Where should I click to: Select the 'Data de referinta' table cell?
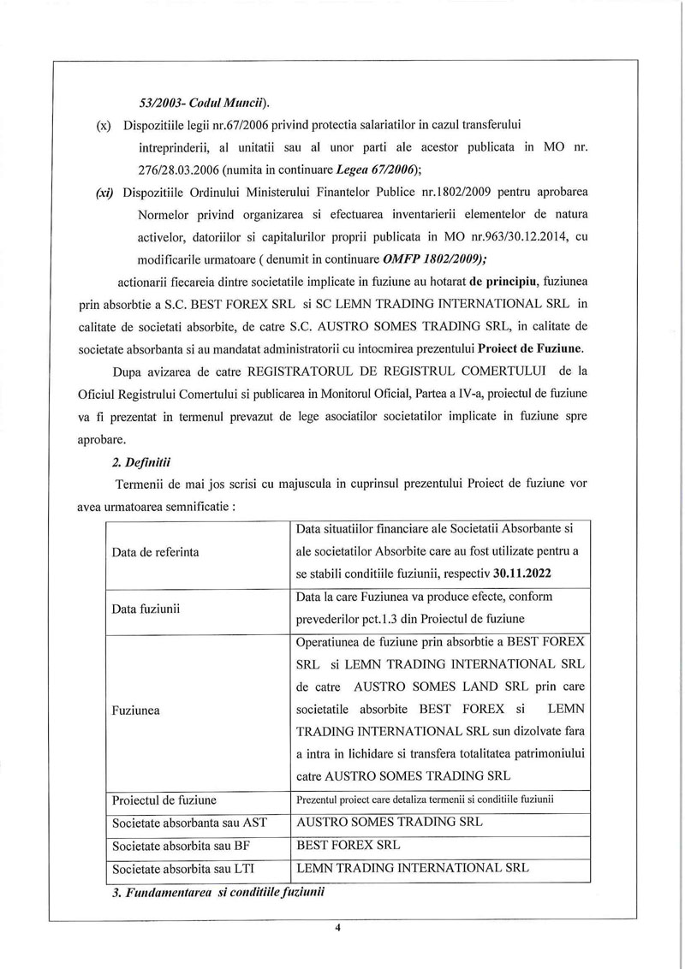click(156, 552)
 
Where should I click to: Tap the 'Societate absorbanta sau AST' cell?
click(190, 823)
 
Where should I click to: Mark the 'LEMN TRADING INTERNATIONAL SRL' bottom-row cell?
click(412, 867)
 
